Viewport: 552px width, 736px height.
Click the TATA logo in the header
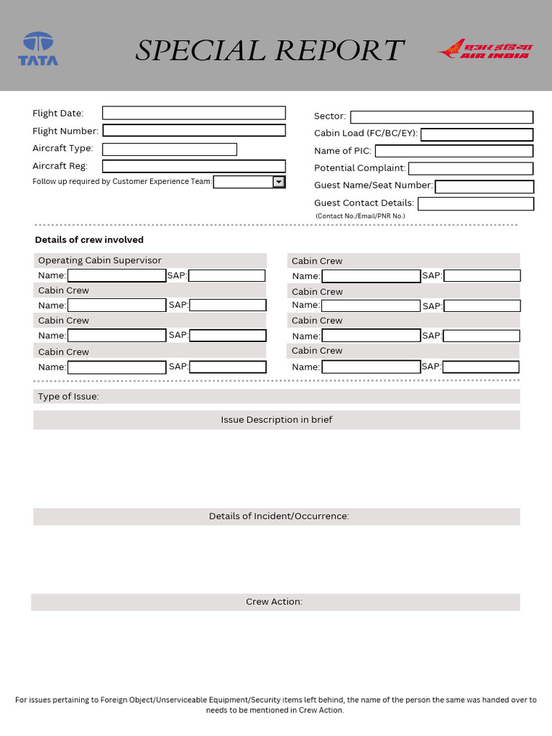click(38, 49)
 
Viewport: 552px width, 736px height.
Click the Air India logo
click(484, 49)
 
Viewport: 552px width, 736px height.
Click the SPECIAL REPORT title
click(270, 50)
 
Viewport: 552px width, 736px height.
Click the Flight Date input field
click(193, 113)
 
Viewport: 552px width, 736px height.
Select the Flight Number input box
click(194, 131)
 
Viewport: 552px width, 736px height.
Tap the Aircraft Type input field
click(169, 149)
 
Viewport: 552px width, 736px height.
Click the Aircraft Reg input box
click(193, 166)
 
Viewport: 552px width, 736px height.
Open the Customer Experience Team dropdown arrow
click(279, 183)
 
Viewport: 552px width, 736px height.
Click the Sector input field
click(441, 117)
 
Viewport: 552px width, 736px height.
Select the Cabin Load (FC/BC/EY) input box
click(477, 134)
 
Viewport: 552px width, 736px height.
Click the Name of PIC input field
click(454, 151)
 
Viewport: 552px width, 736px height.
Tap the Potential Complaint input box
click(470, 168)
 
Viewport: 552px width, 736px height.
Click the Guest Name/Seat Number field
click(484, 187)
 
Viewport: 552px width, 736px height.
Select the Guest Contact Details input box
click(475, 203)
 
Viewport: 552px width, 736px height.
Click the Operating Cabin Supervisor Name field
click(116, 275)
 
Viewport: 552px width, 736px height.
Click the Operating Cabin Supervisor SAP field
click(226, 275)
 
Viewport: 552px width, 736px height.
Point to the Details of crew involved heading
click(89, 240)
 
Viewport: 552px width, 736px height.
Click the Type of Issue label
click(68, 397)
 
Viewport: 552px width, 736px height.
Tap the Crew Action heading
click(274, 602)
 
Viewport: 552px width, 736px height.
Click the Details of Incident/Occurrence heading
click(279, 516)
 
